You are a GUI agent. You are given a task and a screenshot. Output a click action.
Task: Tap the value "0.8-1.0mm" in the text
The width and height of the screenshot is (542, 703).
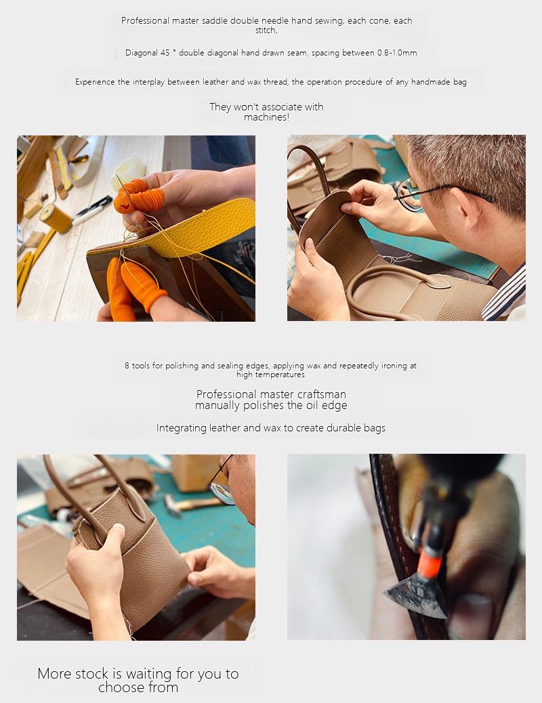tap(397, 53)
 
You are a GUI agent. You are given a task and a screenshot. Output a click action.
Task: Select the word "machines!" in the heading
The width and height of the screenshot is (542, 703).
tap(266, 117)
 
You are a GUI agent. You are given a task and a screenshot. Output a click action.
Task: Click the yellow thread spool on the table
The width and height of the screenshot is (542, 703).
tap(55, 218)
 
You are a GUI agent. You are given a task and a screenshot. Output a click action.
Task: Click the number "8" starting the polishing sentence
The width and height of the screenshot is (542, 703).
tap(127, 366)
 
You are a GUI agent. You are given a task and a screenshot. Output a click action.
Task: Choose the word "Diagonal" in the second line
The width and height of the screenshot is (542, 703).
tap(141, 53)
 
